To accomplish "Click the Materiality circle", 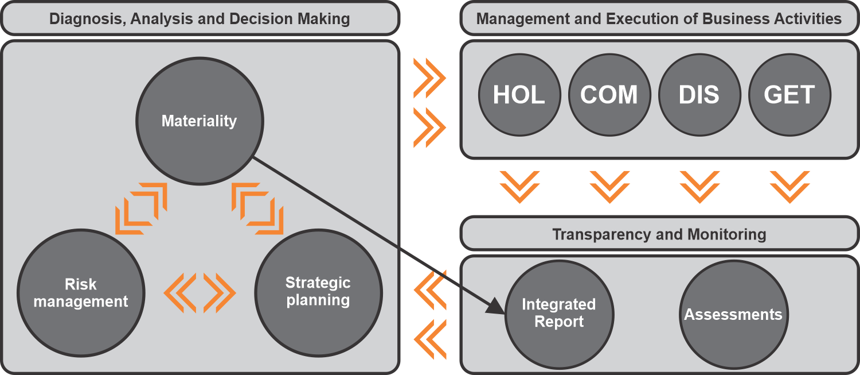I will (x=199, y=121).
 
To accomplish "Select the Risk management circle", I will (x=81, y=293).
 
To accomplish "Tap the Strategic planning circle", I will (x=318, y=292).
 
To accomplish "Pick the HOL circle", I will (x=519, y=95).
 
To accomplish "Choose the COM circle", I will (x=609, y=95).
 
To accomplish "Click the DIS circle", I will (x=699, y=95).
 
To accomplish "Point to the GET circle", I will (x=789, y=95).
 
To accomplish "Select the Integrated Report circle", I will (x=559, y=314).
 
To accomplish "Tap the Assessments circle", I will (x=733, y=315).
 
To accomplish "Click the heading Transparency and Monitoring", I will (x=659, y=234).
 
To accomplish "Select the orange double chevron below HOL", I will (x=519, y=186).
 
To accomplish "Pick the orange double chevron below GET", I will (x=789, y=186).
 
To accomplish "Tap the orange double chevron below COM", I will (x=609, y=186).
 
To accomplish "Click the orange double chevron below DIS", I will (x=699, y=186).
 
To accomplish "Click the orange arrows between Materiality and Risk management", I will (x=141, y=208).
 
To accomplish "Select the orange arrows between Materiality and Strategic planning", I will (x=257, y=208).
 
